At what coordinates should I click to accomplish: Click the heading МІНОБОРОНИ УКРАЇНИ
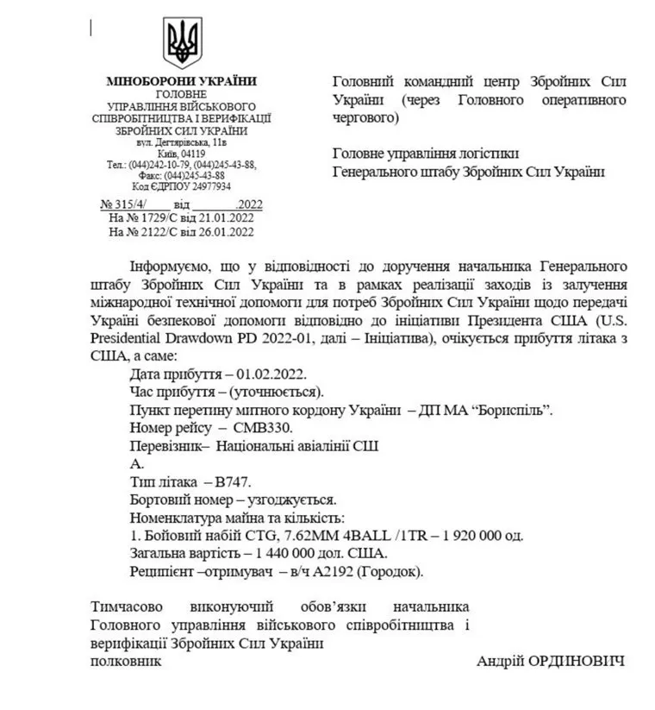click(181, 81)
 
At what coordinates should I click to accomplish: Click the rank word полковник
click(125, 661)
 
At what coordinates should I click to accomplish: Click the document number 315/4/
click(131, 204)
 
